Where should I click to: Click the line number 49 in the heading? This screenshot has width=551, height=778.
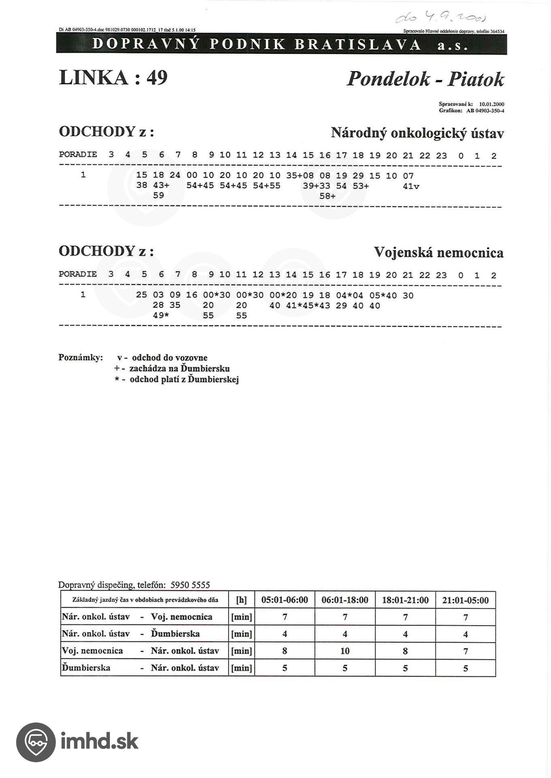(x=157, y=77)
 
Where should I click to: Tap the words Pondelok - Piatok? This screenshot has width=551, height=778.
(x=425, y=79)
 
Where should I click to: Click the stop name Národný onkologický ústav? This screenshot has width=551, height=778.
(x=417, y=133)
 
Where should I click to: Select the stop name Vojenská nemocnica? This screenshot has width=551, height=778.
(x=438, y=252)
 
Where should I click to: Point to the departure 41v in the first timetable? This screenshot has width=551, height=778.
(x=411, y=186)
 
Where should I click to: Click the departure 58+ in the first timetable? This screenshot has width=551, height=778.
(x=327, y=196)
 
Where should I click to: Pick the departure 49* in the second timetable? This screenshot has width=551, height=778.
(x=161, y=316)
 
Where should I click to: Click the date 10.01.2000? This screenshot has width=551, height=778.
(x=491, y=104)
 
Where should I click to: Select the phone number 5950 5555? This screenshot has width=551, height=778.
(x=190, y=585)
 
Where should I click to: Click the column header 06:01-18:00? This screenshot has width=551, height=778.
(x=345, y=600)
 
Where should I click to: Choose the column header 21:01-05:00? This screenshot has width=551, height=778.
(x=465, y=600)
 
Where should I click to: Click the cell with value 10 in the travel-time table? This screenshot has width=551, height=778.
(x=345, y=651)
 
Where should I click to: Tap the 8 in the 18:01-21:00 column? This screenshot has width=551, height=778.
(x=405, y=651)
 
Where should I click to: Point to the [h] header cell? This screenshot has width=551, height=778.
(x=241, y=600)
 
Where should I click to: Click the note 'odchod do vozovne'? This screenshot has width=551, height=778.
(x=169, y=358)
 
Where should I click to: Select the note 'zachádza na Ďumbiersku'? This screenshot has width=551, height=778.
(x=179, y=369)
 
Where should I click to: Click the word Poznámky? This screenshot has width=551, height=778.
(x=81, y=358)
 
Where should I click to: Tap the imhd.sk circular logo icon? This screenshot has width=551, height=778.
(x=36, y=742)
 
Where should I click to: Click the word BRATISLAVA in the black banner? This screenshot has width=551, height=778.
(x=358, y=44)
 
